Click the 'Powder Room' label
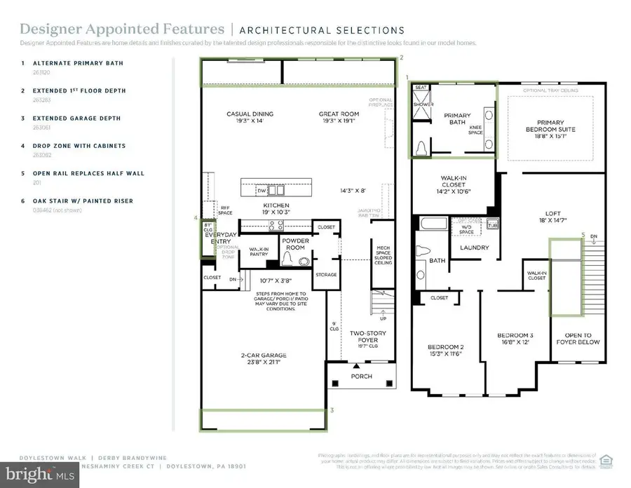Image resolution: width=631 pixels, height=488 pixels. [295, 243]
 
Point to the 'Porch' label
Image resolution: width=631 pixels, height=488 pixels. [361, 377]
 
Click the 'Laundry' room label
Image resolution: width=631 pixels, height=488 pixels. [474, 248]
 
